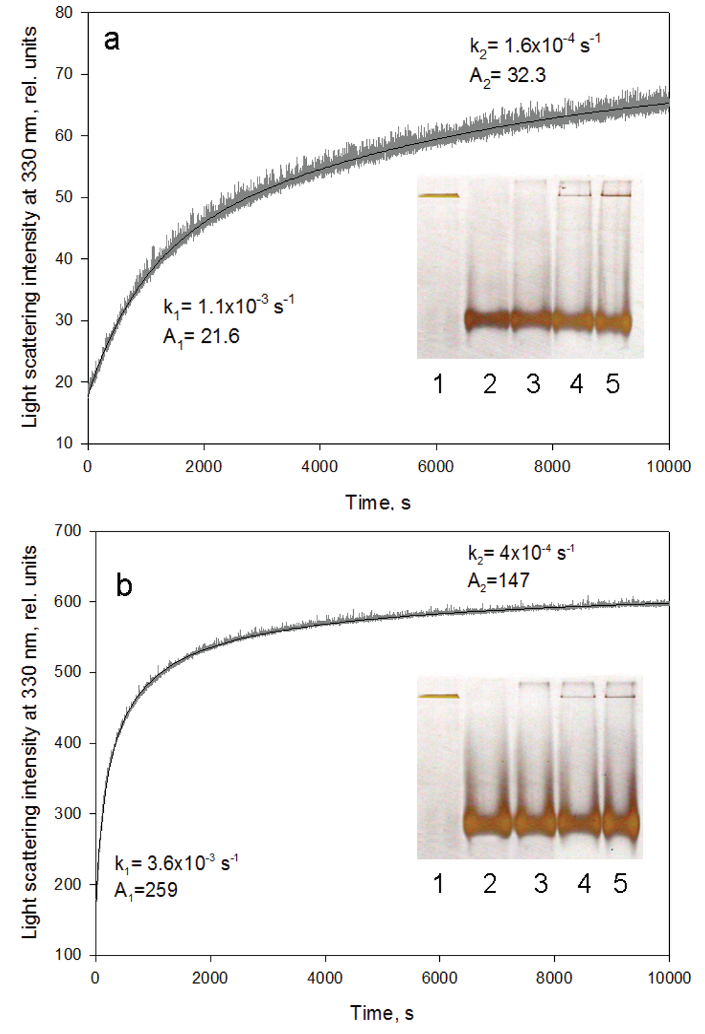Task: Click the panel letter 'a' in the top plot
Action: coord(112,41)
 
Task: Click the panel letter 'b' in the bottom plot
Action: coord(124,585)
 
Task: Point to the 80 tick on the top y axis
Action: coord(64,12)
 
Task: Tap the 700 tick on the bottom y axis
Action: coord(67,531)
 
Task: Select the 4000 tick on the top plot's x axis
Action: coord(319,466)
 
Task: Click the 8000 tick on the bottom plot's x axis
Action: coord(554,978)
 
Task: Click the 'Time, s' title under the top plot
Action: coord(378,503)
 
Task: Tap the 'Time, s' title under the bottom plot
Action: coord(381,1013)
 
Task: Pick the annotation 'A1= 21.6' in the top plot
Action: coord(201,337)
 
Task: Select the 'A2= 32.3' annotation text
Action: coord(507,75)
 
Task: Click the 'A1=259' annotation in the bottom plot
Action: coord(146,890)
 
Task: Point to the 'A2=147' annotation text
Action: coord(498,580)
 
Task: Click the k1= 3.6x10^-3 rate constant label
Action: coord(176,863)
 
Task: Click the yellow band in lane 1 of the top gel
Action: coord(439,196)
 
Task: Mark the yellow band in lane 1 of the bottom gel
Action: coord(439,696)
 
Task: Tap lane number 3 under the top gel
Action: coord(533,384)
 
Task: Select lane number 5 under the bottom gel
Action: coord(620,883)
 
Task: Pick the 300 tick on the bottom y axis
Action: coord(67,814)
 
